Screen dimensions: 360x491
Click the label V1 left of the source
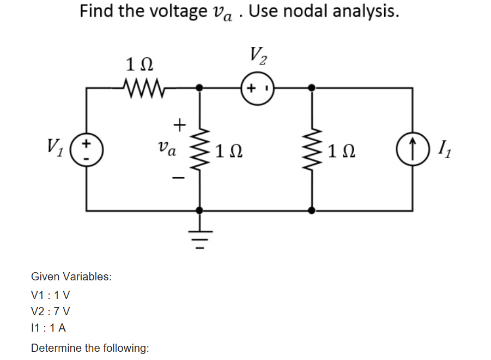point(54,148)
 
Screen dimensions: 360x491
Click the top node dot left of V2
point(199,87)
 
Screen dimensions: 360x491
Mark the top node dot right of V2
point(311,87)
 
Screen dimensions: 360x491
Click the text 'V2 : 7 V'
point(51,312)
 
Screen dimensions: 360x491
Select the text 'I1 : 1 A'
point(50,328)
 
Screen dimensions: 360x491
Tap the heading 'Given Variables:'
point(71,277)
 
